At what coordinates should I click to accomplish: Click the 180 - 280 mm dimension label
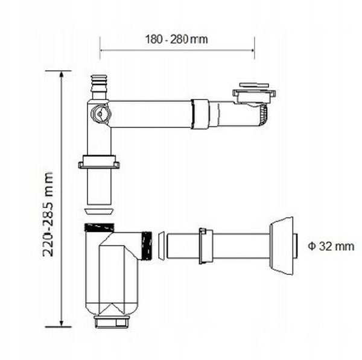pos(176,39)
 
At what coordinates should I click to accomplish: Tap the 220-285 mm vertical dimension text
pos(48,215)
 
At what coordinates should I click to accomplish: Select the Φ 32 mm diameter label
pos(331,246)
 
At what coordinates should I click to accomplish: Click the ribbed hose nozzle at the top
pos(100,87)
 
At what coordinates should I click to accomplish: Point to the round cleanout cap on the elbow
pos(101,114)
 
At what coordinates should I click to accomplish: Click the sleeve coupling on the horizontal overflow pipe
pos(200,114)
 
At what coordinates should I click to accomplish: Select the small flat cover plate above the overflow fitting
pos(254,85)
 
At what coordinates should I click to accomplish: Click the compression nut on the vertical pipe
pos(99,162)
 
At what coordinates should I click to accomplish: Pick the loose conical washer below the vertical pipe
pos(100,212)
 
